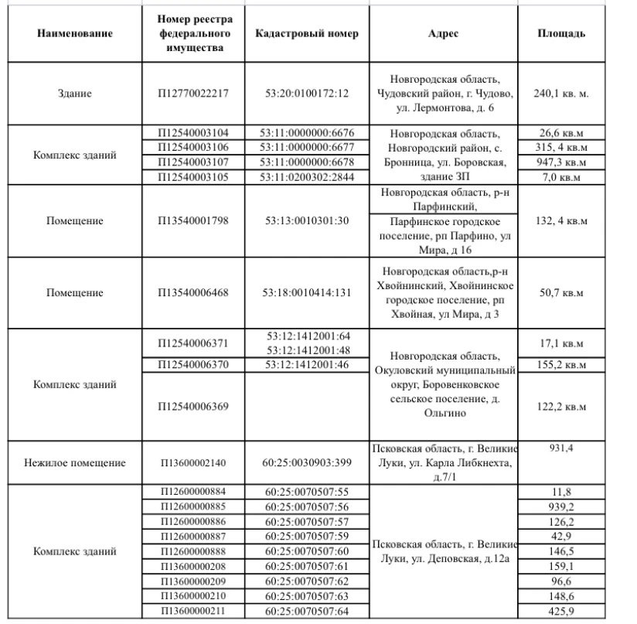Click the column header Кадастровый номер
[308, 34]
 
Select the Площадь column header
[561, 34]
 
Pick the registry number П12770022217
[194, 94]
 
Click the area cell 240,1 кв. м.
[561, 94]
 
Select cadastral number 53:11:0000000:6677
[308, 147]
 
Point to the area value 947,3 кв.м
[561, 162]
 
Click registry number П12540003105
[194, 176]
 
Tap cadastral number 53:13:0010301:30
[308, 221]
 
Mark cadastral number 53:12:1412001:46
[308, 364]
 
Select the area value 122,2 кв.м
[561, 406]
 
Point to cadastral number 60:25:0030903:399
[308, 462]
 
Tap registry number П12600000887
[194, 536]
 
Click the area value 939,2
[561, 506]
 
